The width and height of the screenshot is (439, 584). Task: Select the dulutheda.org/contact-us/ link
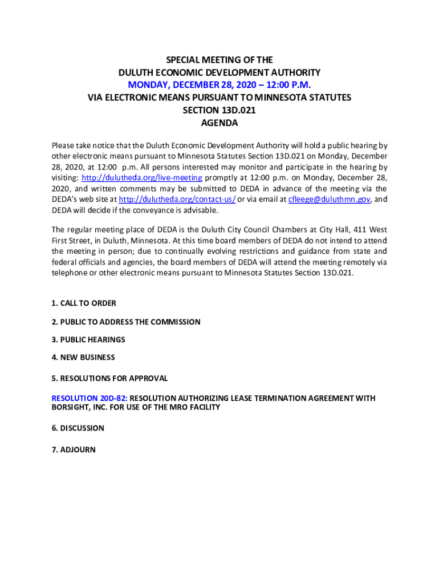pyautogui.click(x=177, y=200)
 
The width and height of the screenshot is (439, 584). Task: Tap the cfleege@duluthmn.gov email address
pyautogui.click(x=330, y=200)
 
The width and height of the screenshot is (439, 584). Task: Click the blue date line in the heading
pyautogui.click(x=219, y=85)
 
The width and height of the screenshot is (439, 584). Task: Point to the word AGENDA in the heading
pyautogui.click(x=219, y=123)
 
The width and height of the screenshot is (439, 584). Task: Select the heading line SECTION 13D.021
pyautogui.click(x=219, y=110)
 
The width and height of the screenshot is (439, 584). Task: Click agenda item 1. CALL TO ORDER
pyautogui.click(x=84, y=303)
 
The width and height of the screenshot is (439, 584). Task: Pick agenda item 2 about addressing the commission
pyautogui.click(x=126, y=322)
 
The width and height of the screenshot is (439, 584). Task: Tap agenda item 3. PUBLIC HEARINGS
pyautogui.click(x=88, y=339)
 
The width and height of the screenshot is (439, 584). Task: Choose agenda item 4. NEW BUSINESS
pyautogui.click(x=83, y=357)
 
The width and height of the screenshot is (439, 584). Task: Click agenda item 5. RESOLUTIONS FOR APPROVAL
pyautogui.click(x=109, y=378)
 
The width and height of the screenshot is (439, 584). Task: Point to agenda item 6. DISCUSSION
pyautogui.click(x=78, y=428)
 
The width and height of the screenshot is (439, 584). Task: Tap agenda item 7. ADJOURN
pyautogui.click(x=74, y=449)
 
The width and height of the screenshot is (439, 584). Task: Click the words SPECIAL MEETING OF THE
pyautogui.click(x=219, y=60)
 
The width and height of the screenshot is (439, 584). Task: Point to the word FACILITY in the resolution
pyautogui.click(x=203, y=408)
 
